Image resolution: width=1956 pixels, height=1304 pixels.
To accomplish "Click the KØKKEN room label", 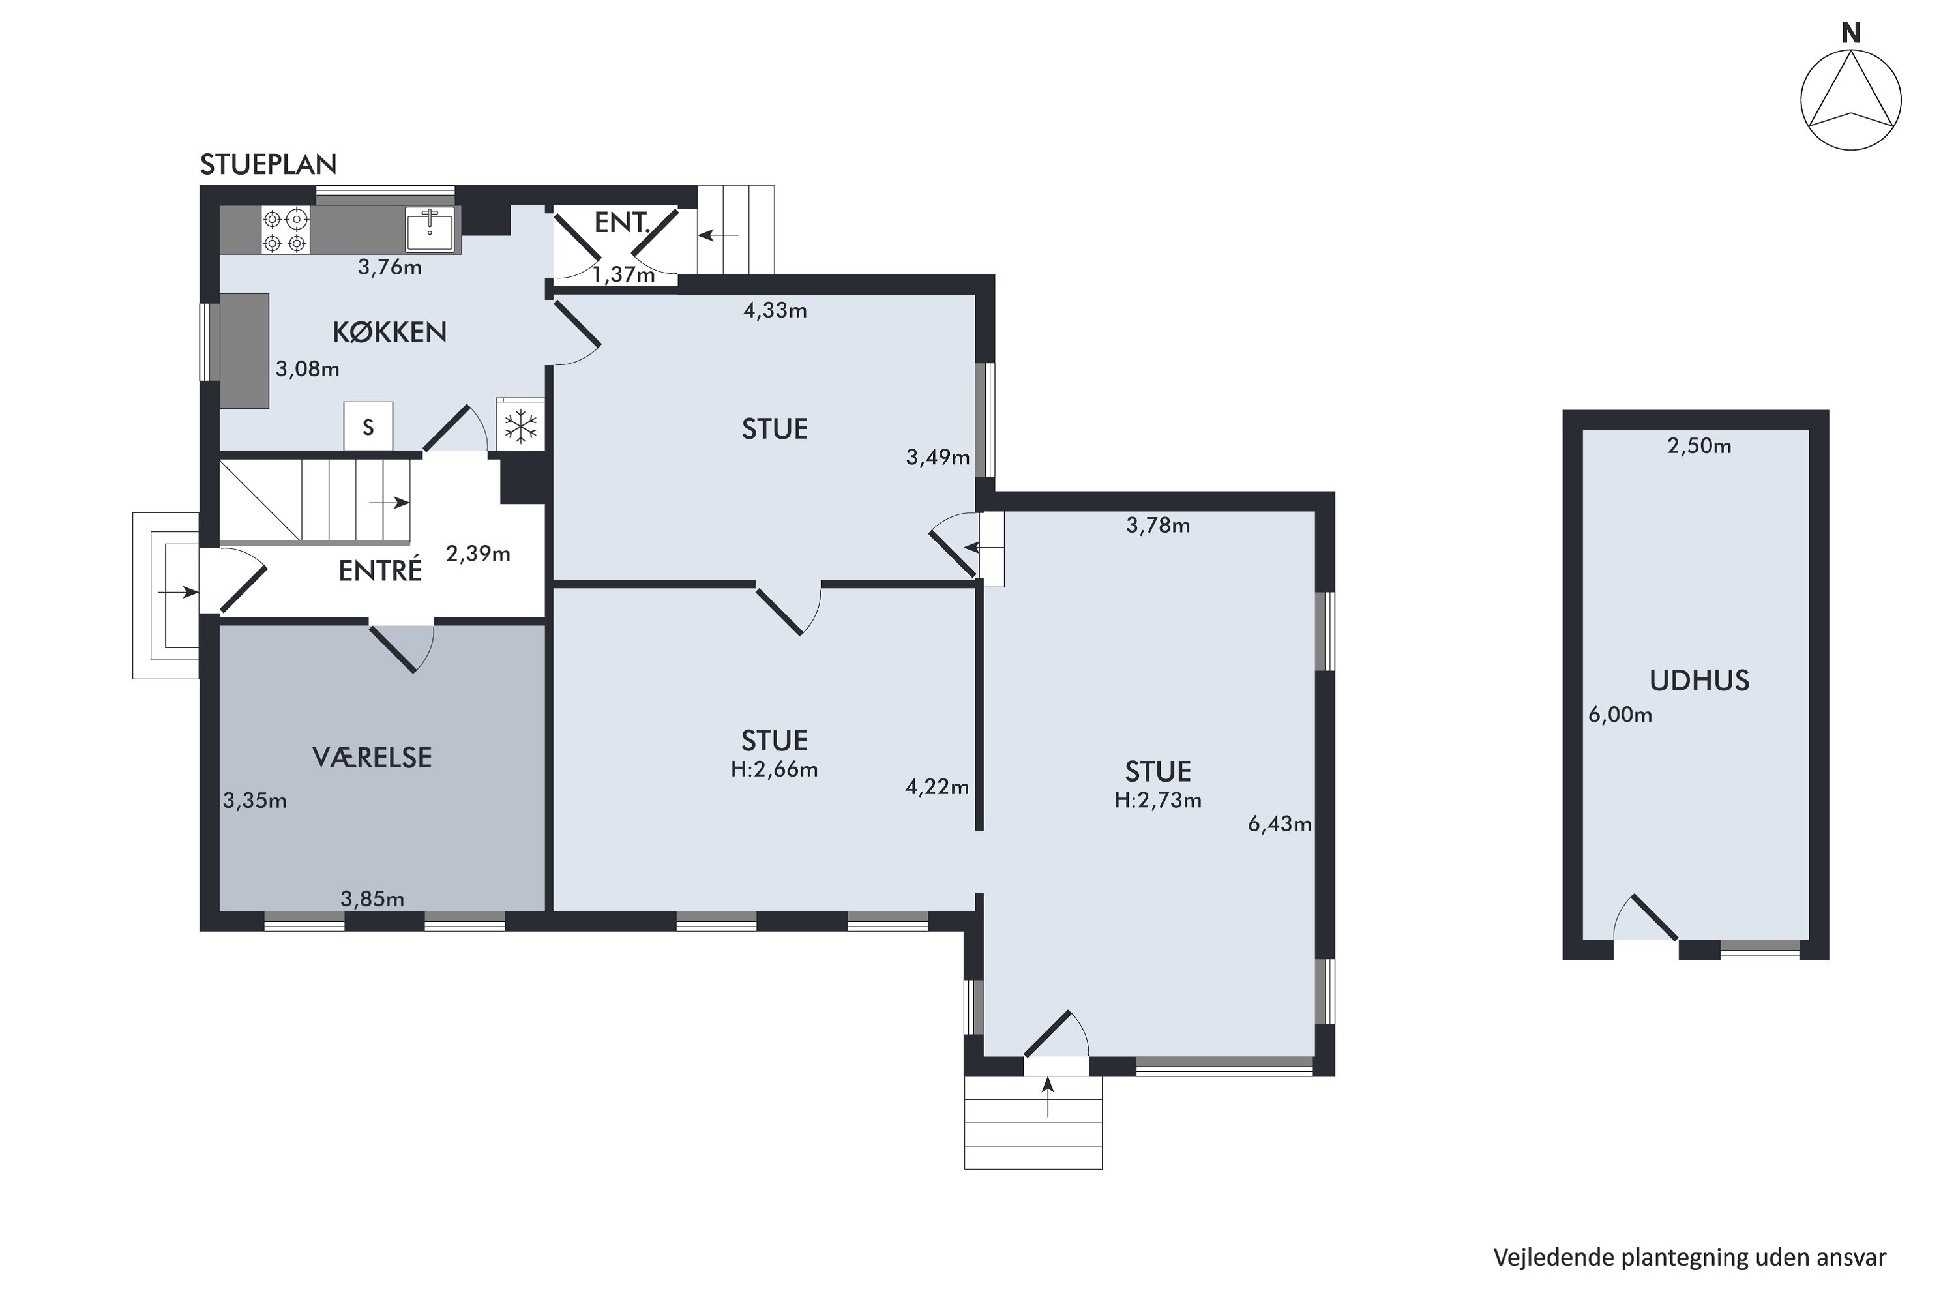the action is [x=389, y=332].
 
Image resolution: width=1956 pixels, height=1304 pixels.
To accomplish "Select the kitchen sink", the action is [x=430, y=230].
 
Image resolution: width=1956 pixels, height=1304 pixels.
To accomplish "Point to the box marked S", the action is [x=368, y=426].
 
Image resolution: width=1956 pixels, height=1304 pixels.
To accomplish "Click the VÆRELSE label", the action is [x=372, y=758].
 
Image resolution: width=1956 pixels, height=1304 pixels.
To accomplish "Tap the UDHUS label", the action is [x=1700, y=681].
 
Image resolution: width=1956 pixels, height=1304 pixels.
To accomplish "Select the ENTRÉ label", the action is [x=380, y=570].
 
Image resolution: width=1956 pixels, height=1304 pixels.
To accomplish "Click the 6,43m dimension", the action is [x=1279, y=824].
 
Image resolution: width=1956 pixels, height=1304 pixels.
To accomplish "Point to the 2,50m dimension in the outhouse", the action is [x=1699, y=447].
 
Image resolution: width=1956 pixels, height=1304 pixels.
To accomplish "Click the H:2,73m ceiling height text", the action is [x=1158, y=800].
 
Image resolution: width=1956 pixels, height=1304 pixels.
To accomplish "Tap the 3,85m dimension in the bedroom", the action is [x=372, y=899].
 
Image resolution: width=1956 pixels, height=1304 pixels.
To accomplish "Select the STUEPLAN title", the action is [x=268, y=165].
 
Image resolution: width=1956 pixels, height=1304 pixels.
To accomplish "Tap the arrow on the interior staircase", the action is [x=389, y=502].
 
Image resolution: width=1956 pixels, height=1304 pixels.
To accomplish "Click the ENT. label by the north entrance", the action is [x=621, y=222].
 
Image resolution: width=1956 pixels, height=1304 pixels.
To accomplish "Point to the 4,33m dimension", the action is [x=775, y=311].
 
